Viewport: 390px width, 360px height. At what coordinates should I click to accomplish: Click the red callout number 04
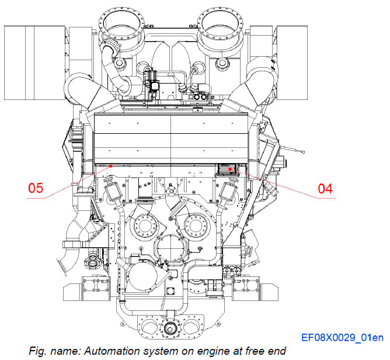tap(325, 188)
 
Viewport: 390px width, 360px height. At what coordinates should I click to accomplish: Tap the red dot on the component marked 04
tap(231, 169)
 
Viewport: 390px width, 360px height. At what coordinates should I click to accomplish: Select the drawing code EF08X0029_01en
tap(342, 337)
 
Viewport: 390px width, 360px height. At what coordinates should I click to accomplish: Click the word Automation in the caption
tap(109, 351)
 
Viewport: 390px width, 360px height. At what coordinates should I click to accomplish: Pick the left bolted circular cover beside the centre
tap(145, 225)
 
